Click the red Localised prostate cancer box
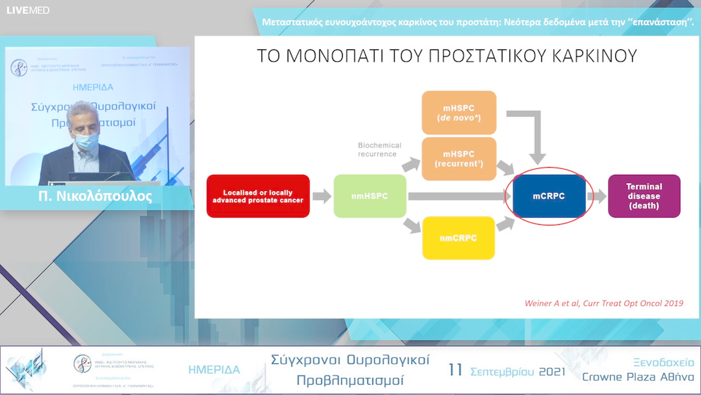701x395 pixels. click(x=258, y=196)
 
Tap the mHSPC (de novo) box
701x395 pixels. click(x=459, y=112)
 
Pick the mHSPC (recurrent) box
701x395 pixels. click(x=459, y=159)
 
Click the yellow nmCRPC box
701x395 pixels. click(x=458, y=238)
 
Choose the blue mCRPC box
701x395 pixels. click(x=549, y=196)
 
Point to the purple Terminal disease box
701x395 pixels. click(x=643, y=196)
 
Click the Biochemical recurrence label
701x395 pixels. click(x=380, y=149)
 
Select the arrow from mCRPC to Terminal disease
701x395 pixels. click(x=596, y=196)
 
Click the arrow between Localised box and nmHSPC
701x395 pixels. click(x=321, y=196)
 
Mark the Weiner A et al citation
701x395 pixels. click(x=603, y=303)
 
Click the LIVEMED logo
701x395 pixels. click(x=28, y=10)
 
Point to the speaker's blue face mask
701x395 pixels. click(x=87, y=139)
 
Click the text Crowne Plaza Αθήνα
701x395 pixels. click(x=637, y=377)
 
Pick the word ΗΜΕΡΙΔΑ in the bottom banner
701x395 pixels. click(x=214, y=370)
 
